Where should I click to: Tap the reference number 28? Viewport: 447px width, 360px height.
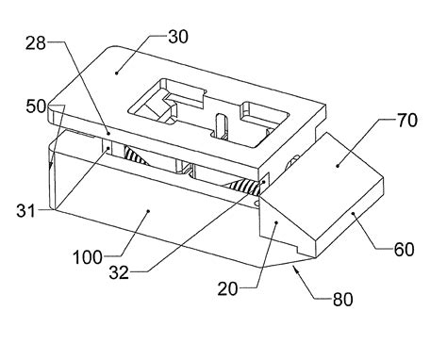pos(35,42)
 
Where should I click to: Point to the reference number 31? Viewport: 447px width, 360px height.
pos(25,209)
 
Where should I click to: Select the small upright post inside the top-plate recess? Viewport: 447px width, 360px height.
pos(220,123)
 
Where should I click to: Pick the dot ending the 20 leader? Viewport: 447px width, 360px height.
pos(274,222)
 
